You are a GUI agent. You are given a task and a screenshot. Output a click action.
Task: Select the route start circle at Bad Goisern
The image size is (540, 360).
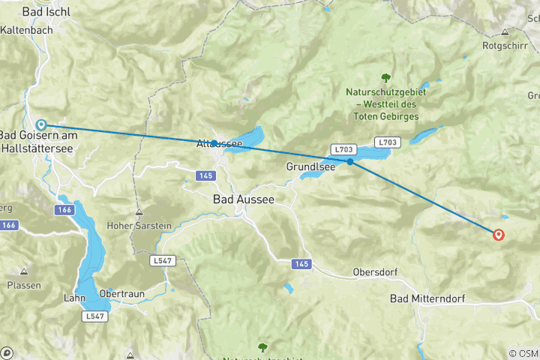point(42,125)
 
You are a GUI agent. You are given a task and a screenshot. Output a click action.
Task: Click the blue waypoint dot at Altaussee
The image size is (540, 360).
point(214,142)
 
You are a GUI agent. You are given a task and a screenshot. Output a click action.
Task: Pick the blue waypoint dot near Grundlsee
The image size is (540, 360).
point(350,161)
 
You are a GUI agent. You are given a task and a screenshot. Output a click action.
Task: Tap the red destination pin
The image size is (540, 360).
point(498,235)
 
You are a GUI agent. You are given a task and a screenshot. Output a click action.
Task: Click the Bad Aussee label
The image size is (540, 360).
point(244,199)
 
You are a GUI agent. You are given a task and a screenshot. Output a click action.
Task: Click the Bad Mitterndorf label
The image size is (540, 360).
point(427,298)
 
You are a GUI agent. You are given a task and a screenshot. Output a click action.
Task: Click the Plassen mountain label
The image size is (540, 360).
point(24,286)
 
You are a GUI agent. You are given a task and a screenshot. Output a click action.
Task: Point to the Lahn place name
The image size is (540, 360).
point(74,298)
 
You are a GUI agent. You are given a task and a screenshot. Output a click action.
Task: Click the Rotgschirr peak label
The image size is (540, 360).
point(505,46)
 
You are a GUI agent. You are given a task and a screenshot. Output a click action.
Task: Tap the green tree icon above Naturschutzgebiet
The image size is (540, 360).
point(385,77)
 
